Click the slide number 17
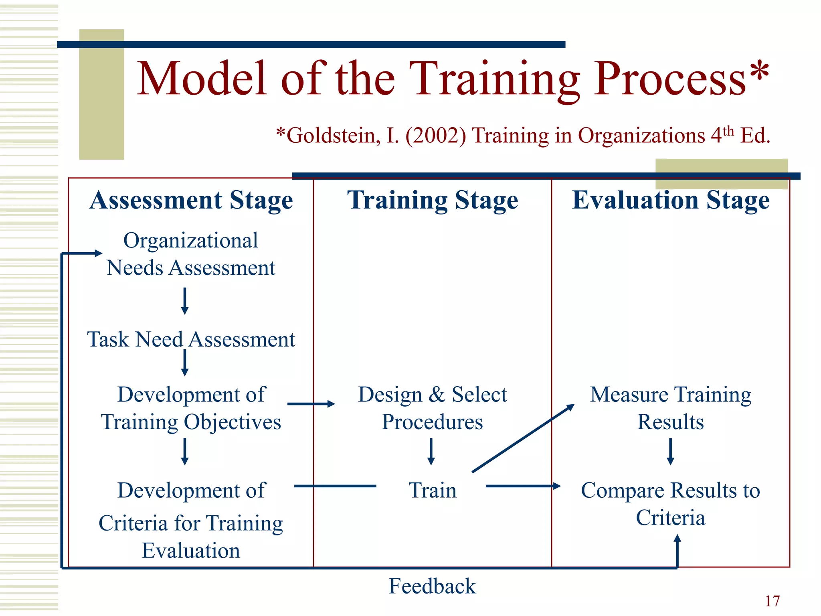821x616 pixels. click(x=772, y=601)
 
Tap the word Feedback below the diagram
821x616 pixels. click(x=432, y=586)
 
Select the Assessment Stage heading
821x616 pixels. click(x=191, y=200)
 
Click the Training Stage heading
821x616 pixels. click(x=432, y=200)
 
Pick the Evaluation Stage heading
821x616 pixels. click(x=670, y=200)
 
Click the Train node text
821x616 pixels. click(x=432, y=490)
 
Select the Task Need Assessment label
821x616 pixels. click(x=191, y=340)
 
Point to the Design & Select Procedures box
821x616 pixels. click(x=432, y=408)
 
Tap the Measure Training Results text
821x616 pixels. click(x=670, y=408)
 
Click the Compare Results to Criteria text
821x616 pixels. click(x=670, y=504)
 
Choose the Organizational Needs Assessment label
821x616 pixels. click(x=191, y=254)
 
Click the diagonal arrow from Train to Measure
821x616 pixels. click(x=523, y=438)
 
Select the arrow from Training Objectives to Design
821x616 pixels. click(x=311, y=404)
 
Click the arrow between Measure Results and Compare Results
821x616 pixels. click(x=670, y=452)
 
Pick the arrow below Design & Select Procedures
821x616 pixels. click(x=431, y=452)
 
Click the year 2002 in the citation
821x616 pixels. click(x=436, y=136)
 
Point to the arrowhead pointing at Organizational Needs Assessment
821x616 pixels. click(x=98, y=253)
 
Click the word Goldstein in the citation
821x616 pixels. click(x=333, y=136)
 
